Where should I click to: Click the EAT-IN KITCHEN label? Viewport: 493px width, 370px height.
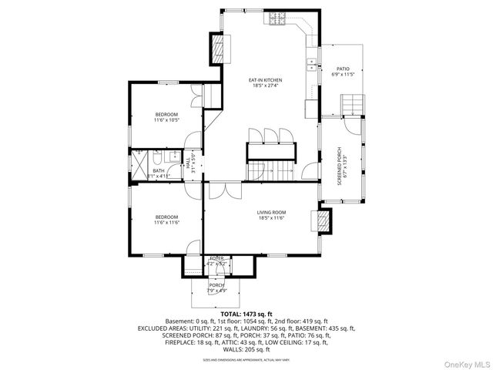264,82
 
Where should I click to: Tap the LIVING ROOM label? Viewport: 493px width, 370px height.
271,215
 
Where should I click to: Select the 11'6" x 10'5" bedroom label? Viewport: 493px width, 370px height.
166,117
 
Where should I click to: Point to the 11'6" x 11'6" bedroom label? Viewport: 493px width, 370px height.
166,220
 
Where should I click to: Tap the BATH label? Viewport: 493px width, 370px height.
158,173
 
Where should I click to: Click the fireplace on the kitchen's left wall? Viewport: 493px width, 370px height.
220,50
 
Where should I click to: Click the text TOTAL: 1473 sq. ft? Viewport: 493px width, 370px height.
246,314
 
